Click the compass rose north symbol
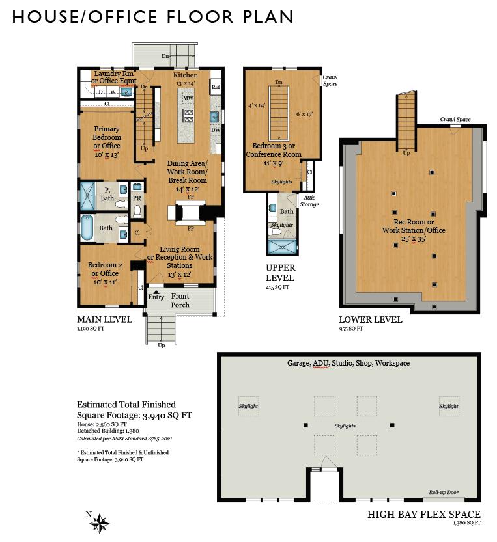[x=99, y=522]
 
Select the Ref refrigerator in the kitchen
[x=216, y=87]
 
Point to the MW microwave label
[x=188, y=99]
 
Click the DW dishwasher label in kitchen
[x=215, y=129]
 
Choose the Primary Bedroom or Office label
[x=107, y=137]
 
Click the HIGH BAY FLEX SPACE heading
[x=423, y=515]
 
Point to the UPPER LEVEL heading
[x=280, y=272]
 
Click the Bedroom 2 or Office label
[x=105, y=269]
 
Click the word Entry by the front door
[x=156, y=297]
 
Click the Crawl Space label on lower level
[x=455, y=120]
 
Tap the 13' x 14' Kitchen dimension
[x=186, y=83]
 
